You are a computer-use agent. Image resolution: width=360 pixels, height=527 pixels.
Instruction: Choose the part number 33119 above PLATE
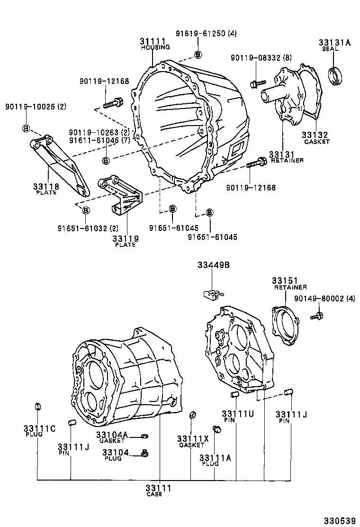click(125, 238)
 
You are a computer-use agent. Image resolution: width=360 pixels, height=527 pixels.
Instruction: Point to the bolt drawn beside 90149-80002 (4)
click(316, 315)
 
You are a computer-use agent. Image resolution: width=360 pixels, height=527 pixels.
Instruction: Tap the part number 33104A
click(112, 435)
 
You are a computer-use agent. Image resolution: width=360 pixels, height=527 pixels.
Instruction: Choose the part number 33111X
click(192, 439)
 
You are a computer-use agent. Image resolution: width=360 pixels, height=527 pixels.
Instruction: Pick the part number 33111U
click(238, 413)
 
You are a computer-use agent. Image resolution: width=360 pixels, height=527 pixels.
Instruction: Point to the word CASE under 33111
click(154, 494)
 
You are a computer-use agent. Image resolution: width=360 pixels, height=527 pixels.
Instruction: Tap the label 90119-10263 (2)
click(99, 132)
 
